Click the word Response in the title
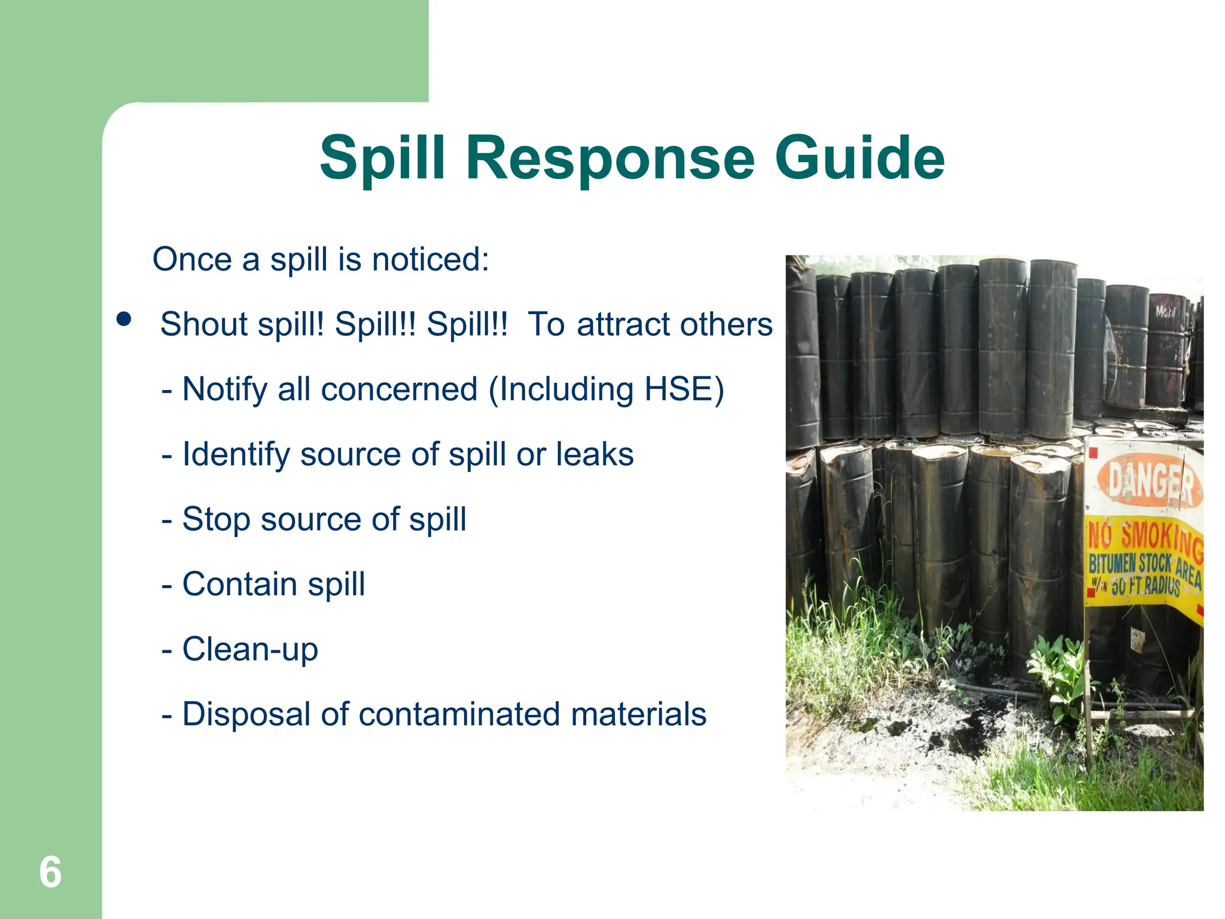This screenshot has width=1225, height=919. coord(610,158)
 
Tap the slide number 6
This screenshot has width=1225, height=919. coord(50,872)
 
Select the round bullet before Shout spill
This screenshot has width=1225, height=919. coord(124,319)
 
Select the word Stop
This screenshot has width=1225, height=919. coord(216,519)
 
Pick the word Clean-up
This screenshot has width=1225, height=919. coord(250,649)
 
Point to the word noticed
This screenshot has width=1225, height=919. coord(430,260)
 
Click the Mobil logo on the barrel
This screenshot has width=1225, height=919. coord(1165,312)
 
